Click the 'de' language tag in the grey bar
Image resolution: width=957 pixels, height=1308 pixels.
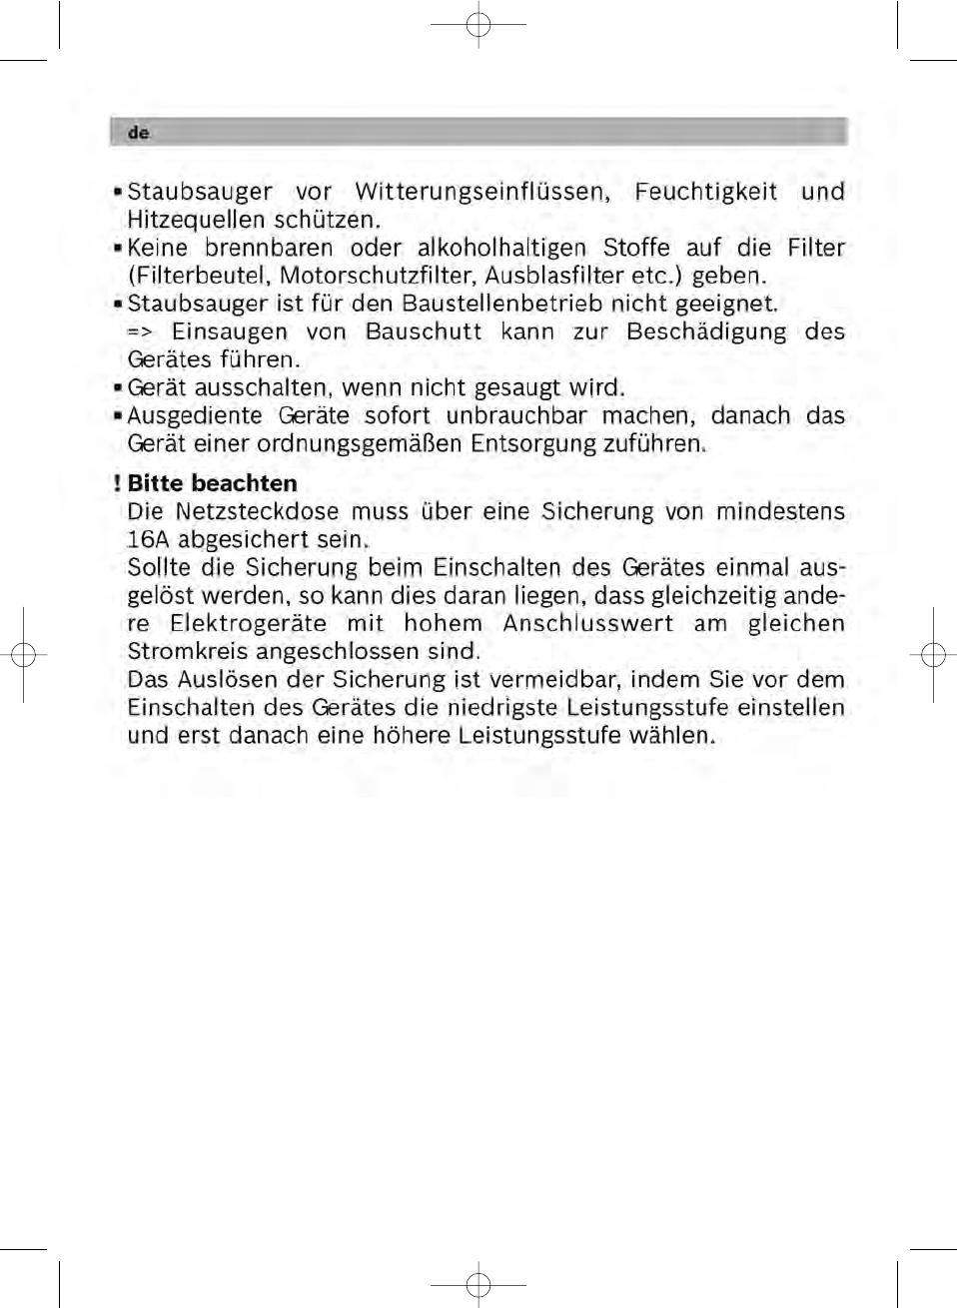point(138,133)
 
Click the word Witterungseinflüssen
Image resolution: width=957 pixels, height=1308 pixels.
point(482,192)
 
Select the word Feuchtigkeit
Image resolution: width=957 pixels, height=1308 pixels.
point(705,192)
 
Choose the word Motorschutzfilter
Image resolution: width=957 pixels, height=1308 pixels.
point(378,276)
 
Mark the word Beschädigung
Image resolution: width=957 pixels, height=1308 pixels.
point(706,331)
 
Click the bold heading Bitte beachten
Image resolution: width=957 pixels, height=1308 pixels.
point(212,483)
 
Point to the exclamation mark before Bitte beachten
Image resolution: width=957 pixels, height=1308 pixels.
point(117,483)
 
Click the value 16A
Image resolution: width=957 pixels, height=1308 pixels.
point(148,540)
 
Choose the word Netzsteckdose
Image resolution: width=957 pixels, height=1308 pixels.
point(257,511)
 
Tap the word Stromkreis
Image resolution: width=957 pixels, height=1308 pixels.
point(189,652)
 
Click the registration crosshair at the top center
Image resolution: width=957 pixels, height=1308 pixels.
point(478,24)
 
